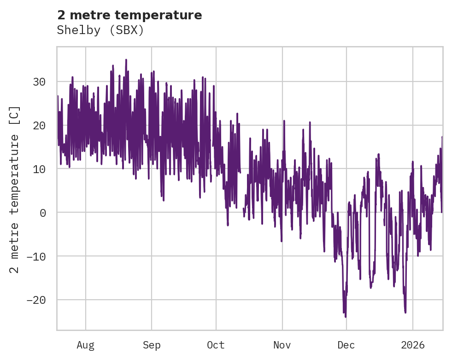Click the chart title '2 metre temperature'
click(x=129, y=15)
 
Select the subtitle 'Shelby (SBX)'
click(x=100, y=30)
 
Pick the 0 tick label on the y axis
click(x=42, y=213)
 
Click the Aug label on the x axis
click(x=85, y=345)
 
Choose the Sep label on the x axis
click(x=151, y=345)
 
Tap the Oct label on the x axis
click(x=216, y=345)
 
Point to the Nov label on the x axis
click(x=282, y=345)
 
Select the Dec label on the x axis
click(x=346, y=345)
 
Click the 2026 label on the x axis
click(x=413, y=345)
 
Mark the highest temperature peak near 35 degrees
click(x=126, y=60)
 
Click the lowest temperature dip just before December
click(x=345, y=316)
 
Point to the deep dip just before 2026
click(x=405, y=312)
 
